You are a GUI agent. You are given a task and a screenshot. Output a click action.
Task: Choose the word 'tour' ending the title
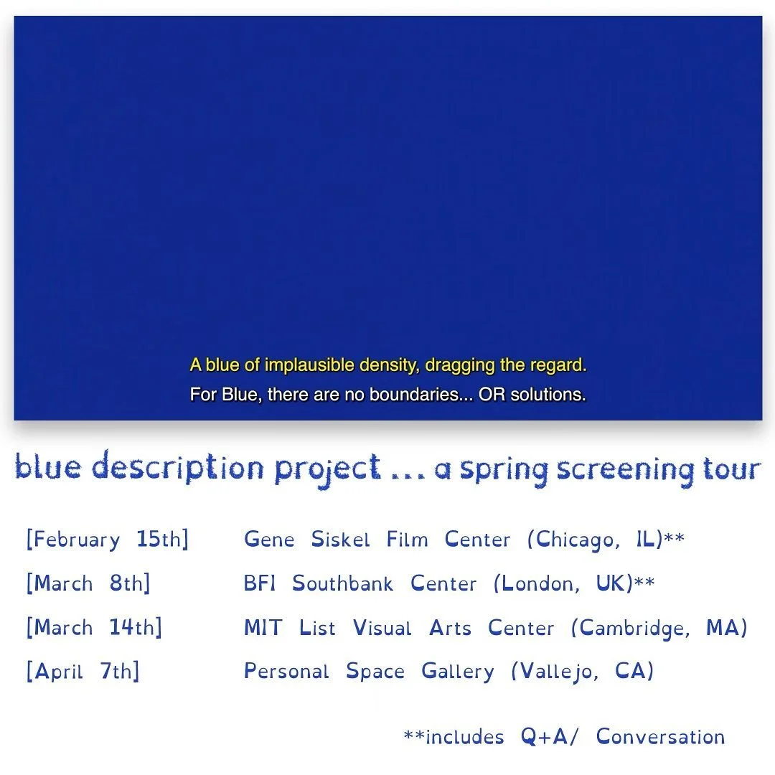(x=731, y=469)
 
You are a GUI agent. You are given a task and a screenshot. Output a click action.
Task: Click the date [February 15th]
(x=108, y=540)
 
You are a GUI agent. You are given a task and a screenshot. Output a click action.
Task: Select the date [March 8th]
(x=88, y=583)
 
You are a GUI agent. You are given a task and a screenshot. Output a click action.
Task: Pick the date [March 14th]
(x=94, y=628)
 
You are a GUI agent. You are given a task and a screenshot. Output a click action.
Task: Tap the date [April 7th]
(x=83, y=672)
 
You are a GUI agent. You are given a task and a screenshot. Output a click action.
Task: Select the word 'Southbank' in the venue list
(x=342, y=583)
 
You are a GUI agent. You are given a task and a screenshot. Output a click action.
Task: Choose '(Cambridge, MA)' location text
(x=659, y=629)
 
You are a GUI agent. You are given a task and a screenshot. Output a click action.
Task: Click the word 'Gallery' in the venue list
(x=457, y=672)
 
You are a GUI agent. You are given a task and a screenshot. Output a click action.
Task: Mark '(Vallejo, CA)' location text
(x=582, y=672)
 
